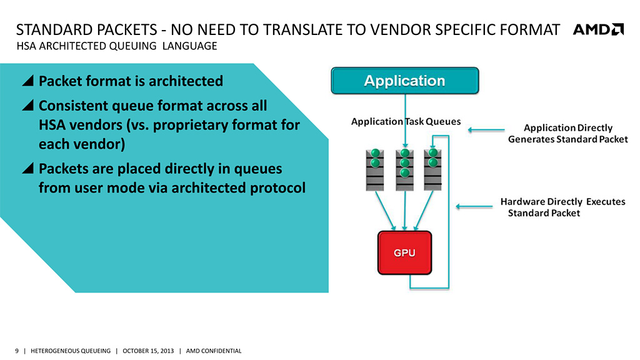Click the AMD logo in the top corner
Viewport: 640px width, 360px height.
coord(598,29)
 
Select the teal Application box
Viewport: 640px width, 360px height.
coord(404,81)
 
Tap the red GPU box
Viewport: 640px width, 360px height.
coord(404,253)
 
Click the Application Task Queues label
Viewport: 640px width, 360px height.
coord(406,122)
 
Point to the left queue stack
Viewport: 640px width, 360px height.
coord(375,169)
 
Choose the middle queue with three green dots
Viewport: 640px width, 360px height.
coord(404,169)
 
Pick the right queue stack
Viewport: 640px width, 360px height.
coord(433,169)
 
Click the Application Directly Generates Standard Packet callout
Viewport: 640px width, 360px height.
coord(567,133)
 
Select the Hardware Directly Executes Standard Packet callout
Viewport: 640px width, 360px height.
coord(562,207)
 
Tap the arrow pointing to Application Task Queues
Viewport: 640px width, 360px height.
coord(486,131)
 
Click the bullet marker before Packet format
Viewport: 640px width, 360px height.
coord(27,81)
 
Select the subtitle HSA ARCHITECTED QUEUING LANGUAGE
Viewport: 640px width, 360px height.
coord(116,46)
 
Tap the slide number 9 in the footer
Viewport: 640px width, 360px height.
coord(17,351)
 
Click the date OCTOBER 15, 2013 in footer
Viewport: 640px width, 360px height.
coord(147,351)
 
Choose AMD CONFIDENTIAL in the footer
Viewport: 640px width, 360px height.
coord(214,351)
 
